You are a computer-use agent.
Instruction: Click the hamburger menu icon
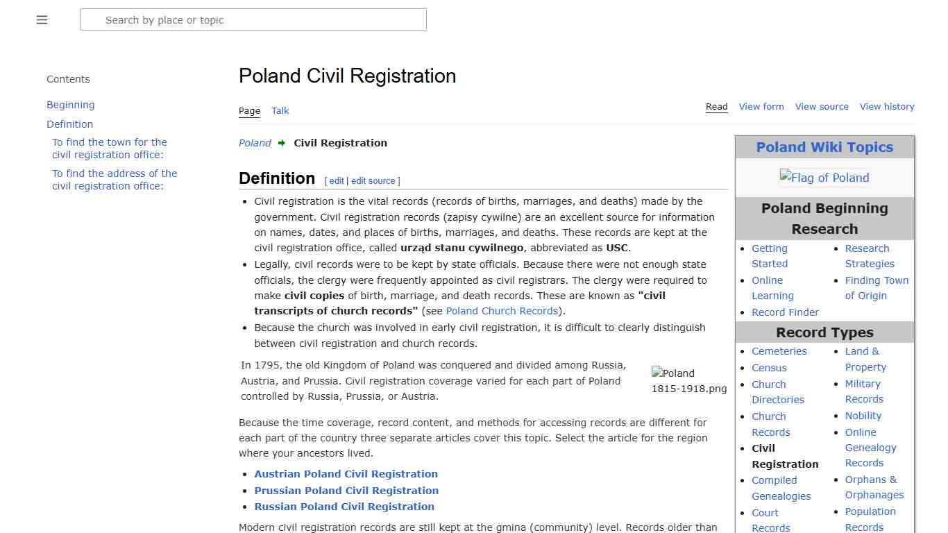42,20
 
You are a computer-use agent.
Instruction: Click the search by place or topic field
253,20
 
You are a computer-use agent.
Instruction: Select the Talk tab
280,111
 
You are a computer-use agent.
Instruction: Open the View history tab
887,107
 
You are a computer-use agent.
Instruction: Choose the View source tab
822,107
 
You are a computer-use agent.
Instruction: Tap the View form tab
761,107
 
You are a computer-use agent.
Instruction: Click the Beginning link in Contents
71,105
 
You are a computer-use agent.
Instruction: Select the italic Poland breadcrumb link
255,143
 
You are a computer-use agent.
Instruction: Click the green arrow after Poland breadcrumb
282,143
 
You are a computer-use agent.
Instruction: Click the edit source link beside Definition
373,181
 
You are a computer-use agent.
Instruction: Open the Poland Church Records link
502,311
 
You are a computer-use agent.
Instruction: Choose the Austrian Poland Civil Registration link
346,474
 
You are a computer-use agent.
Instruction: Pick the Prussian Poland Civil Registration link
346,491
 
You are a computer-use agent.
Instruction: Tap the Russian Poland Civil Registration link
344,507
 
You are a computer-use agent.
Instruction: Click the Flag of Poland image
824,178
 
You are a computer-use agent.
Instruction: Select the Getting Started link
770,256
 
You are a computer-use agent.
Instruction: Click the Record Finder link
785,312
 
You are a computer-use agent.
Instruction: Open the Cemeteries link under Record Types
779,351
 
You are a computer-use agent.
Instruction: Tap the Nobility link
863,416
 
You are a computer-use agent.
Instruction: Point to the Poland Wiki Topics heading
824,147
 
